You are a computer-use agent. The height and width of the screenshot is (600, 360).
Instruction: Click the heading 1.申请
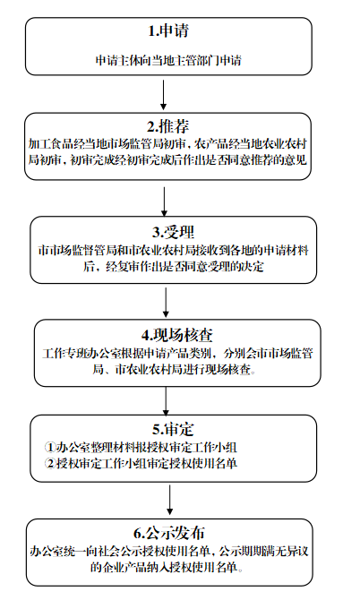click(x=166, y=34)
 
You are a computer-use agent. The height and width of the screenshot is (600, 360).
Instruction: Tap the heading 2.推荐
click(x=167, y=125)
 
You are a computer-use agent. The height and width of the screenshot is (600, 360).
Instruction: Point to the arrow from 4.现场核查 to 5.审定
click(x=167, y=396)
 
